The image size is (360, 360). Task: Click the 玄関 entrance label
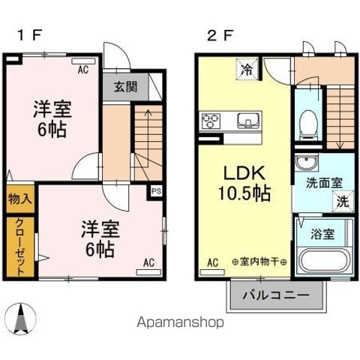pos(125,86)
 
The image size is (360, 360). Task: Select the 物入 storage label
pos(19,199)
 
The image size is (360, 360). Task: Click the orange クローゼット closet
pos(19,245)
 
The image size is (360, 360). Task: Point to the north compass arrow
pos(21,319)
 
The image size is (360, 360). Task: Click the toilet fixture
pos(307,124)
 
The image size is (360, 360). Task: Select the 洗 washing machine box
pos(340,200)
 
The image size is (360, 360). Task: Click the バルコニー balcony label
pos(275,296)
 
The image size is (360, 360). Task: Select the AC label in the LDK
pos(211,262)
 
